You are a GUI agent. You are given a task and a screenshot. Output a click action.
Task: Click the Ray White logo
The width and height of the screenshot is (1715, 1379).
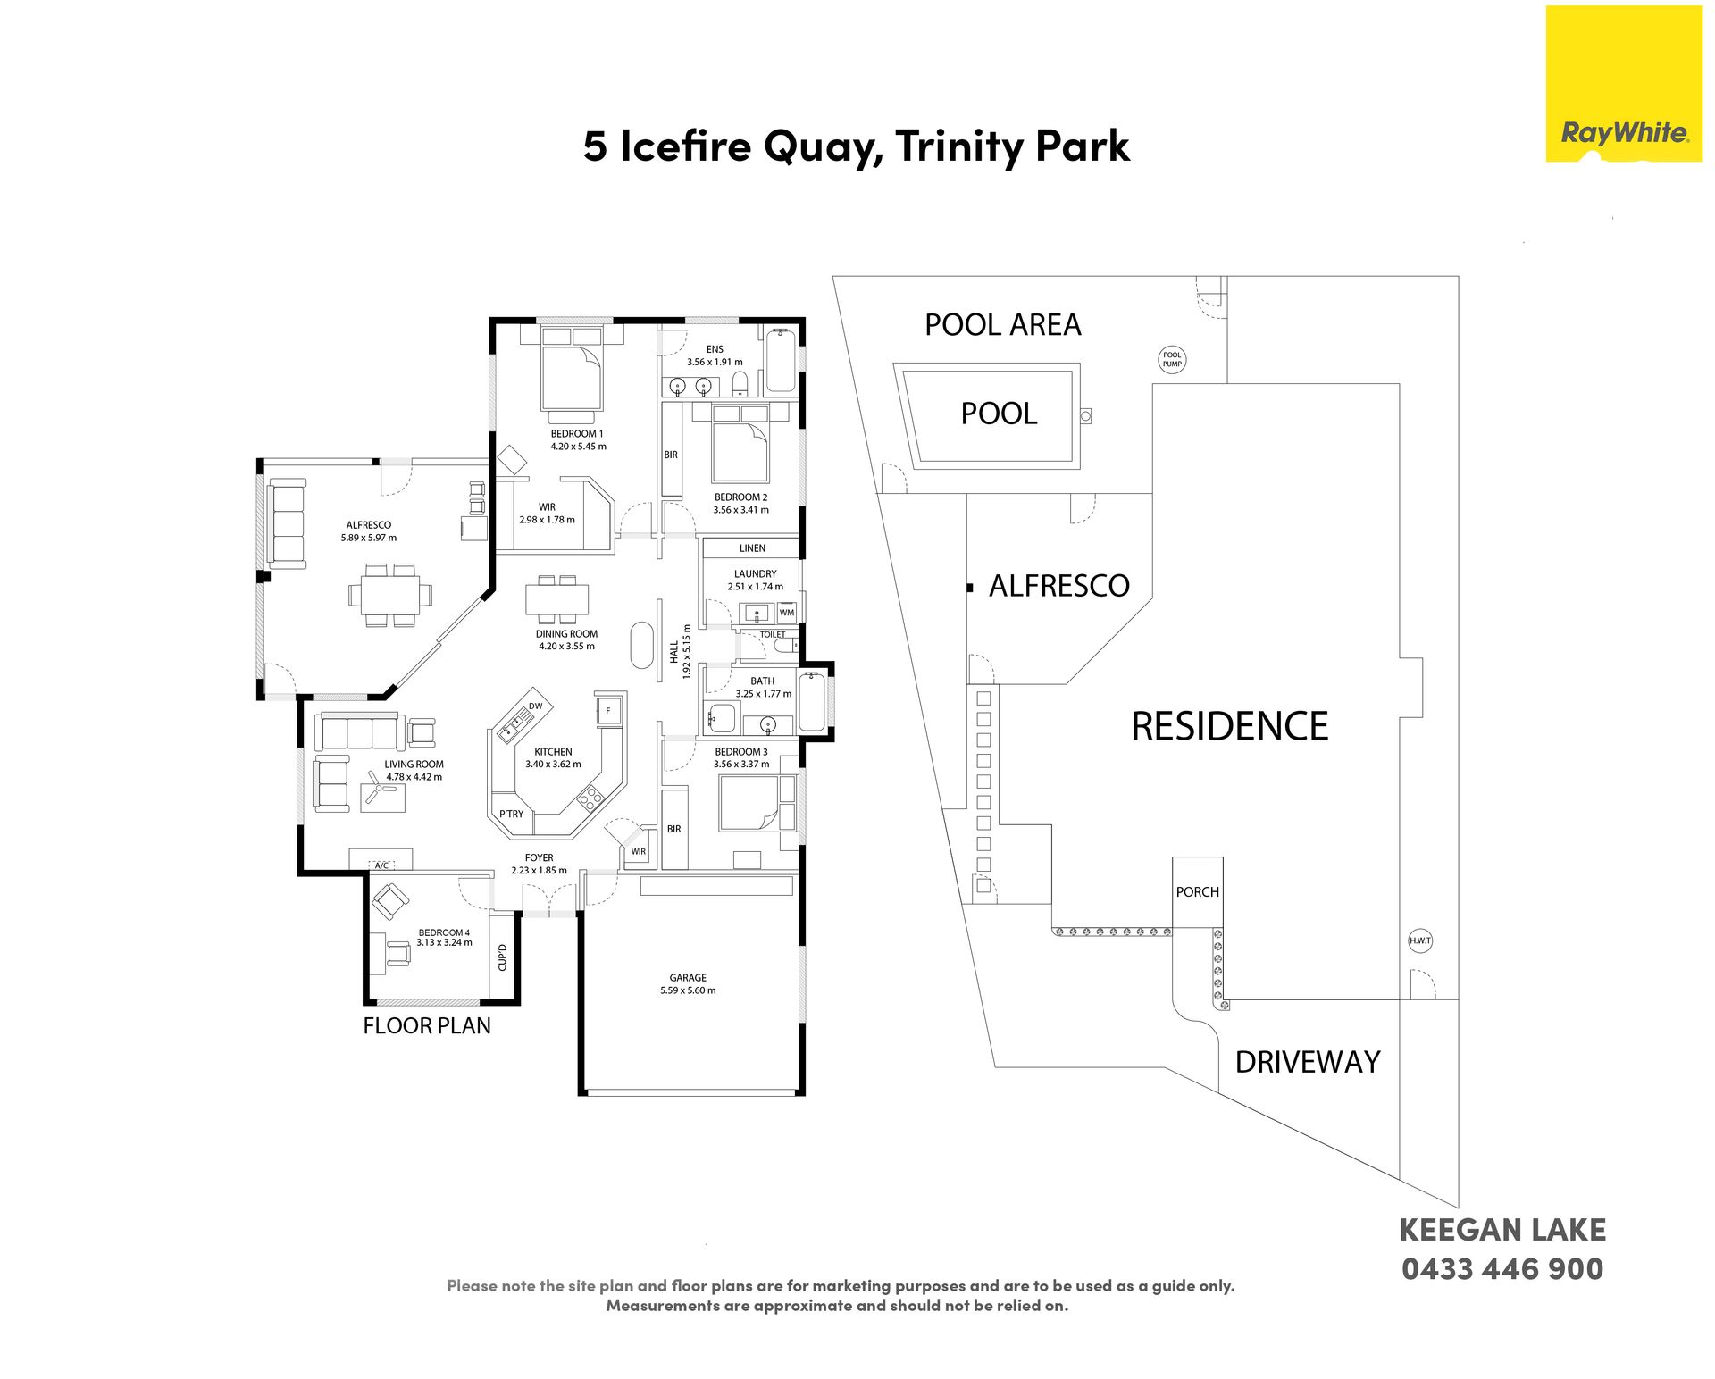click(x=1624, y=84)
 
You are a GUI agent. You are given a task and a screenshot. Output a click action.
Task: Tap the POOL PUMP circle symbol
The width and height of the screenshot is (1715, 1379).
click(x=1172, y=359)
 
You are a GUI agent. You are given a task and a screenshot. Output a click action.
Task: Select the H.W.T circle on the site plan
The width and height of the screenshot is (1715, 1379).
click(x=1420, y=940)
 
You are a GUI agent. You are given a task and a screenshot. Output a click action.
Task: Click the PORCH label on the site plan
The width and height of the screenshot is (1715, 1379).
click(x=1198, y=891)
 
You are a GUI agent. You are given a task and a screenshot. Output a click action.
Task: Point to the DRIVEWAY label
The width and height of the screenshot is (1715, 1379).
click(x=1308, y=1061)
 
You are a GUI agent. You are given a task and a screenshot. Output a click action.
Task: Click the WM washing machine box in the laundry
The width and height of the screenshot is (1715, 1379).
click(x=786, y=613)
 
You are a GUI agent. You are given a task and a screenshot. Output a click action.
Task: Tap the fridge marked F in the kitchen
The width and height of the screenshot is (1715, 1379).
click(x=608, y=711)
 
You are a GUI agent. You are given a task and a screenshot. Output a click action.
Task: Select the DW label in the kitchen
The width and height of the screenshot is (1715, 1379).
click(x=535, y=706)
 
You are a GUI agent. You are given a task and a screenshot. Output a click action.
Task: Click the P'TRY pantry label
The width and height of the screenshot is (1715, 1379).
click(x=512, y=814)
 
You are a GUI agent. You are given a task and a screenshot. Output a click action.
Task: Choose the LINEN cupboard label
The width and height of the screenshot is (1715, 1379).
click(x=752, y=548)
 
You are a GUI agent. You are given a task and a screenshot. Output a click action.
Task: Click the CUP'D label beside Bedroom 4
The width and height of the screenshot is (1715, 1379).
click(x=502, y=957)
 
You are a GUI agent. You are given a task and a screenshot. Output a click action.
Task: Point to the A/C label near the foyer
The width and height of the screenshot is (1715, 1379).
click(x=381, y=865)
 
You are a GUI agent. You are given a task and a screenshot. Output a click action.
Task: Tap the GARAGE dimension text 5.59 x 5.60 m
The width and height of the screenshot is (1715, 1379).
click(x=688, y=990)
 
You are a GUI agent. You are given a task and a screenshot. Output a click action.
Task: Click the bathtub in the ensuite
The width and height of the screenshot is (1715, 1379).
click(x=780, y=361)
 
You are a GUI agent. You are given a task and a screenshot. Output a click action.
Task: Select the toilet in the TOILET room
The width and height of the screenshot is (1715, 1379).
click(x=785, y=645)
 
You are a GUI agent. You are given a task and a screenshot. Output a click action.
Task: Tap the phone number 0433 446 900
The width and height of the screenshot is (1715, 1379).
click(x=1502, y=1268)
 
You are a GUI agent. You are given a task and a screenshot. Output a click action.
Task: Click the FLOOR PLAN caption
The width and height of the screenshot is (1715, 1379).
click(x=427, y=1025)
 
